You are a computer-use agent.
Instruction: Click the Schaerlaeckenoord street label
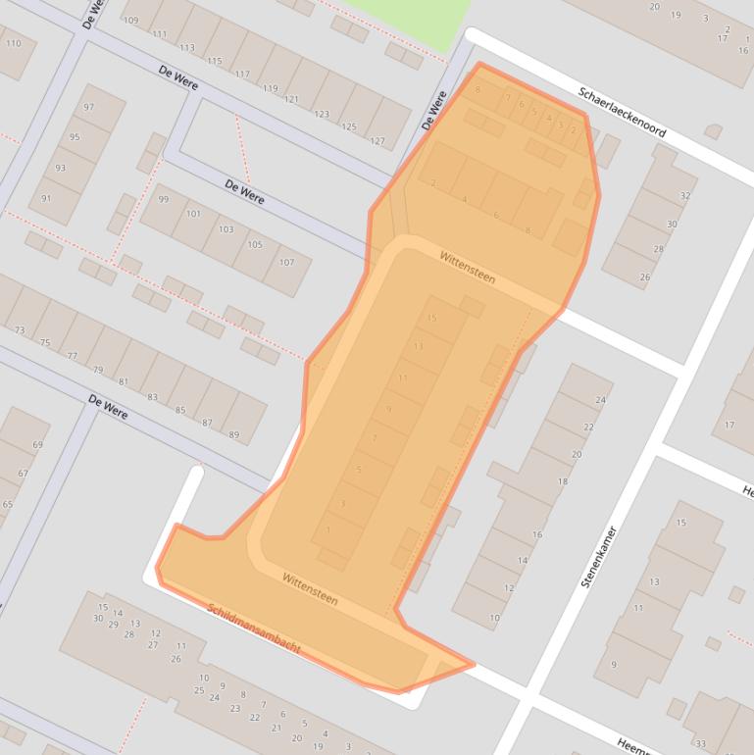623,114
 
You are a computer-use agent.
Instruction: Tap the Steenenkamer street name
599,557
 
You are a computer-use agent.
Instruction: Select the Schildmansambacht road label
253,629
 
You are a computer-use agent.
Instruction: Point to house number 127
377,140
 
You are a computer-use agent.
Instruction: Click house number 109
131,21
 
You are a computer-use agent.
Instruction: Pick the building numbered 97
89,107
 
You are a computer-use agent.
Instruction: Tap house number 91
46,198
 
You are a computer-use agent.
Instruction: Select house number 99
164,199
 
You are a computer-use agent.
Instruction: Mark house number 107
286,262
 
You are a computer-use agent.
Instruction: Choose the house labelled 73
20,330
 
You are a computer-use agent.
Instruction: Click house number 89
233,434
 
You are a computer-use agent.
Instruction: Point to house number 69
37,445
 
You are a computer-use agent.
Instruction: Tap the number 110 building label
13,44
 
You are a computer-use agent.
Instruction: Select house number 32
685,196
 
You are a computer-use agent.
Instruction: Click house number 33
701,742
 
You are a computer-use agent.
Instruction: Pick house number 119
270,87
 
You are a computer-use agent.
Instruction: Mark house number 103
226,229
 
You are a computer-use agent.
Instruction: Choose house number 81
123,381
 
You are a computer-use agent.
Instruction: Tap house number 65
8,505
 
